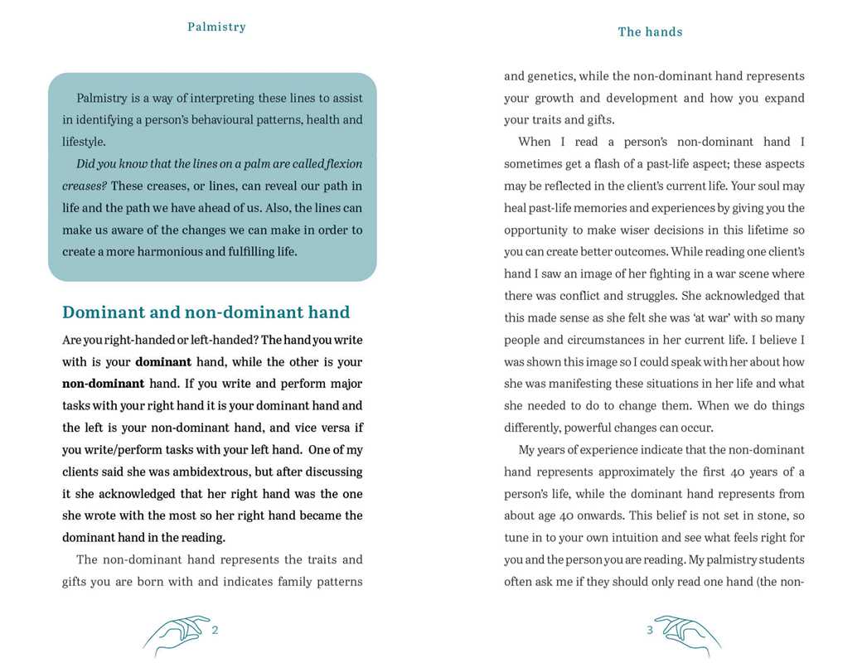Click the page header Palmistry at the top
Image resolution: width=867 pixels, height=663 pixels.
pyautogui.click(x=216, y=27)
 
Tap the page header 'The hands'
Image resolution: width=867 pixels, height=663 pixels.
pyautogui.click(x=650, y=31)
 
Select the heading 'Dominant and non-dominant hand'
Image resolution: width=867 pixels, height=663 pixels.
pyautogui.click(x=206, y=312)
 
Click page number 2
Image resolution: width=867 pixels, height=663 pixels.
pyautogui.click(x=215, y=630)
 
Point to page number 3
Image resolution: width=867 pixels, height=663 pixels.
pyautogui.click(x=650, y=630)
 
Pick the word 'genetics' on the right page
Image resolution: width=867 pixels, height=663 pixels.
pyautogui.click(x=550, y=76)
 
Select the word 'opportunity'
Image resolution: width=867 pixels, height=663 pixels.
pyautogui.click(x=538, y=230)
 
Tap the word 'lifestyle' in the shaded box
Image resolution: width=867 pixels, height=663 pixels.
pyautogui.click(x=82, y=142)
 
